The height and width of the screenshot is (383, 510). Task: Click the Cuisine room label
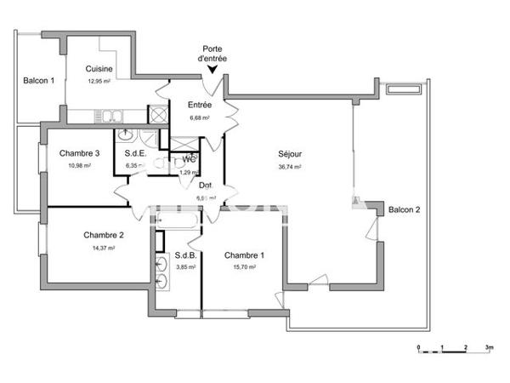tap(100, 69)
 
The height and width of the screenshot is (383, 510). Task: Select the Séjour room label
tap(290, 154)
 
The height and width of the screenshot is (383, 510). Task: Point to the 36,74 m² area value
tap(290, 167)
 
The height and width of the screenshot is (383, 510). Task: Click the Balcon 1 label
tap(38, 81)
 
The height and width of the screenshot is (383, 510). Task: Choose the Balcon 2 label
tap(405, 209)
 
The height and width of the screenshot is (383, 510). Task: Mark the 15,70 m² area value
tap(244, 267)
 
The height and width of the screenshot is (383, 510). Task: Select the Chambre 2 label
tap(104, 235)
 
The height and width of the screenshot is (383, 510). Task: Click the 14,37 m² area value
tap(103, 248)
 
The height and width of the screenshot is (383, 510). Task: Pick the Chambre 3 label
tap(80, 153)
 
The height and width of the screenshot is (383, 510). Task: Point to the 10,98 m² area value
tap(79, 165)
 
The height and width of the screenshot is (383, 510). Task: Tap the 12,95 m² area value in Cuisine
tap(99, 81)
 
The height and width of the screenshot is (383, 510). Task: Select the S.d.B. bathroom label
tap(186, 255)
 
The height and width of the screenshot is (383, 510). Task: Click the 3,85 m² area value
tap(185, 267)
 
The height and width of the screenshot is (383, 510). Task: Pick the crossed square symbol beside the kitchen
tap(158, 114)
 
